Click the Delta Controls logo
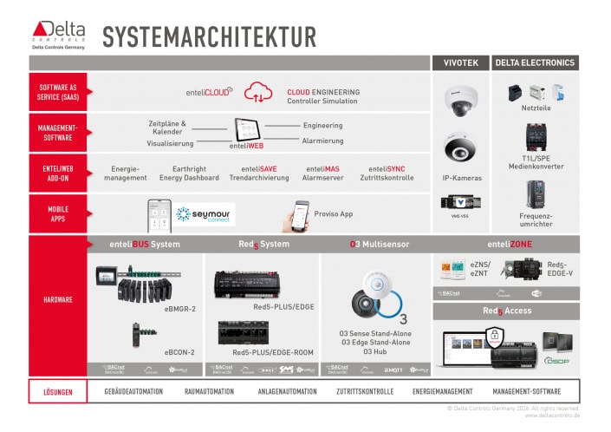(57, 35)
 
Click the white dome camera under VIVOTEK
(458, 100)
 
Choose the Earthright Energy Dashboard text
(189, 173)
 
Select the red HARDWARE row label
(58, 300)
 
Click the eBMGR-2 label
(179, 308)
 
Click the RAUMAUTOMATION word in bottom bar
(210, 391)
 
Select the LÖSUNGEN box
(59, 391)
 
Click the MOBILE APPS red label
(58, 213)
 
